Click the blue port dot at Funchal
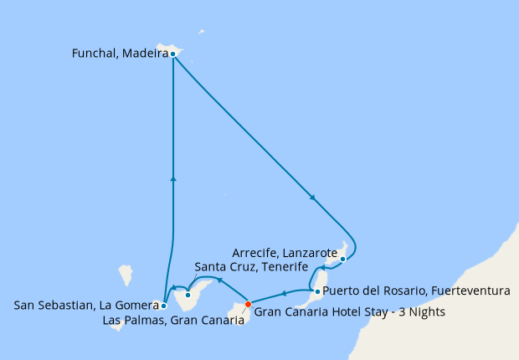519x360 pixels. (x=172, y=54)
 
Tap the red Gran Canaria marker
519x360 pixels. (x=248, y=304)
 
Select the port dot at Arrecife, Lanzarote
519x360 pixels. (x=342, y=260)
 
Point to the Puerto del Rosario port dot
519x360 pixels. (x=316, y=291)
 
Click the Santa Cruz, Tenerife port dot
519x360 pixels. (x=189, y=295)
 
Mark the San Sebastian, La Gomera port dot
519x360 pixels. (x=164, y=306)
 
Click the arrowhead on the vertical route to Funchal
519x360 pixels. (x=172, y=177)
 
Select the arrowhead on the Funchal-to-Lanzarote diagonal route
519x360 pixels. (x=313, y=198)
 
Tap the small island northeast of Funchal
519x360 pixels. (x=201, y=33)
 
